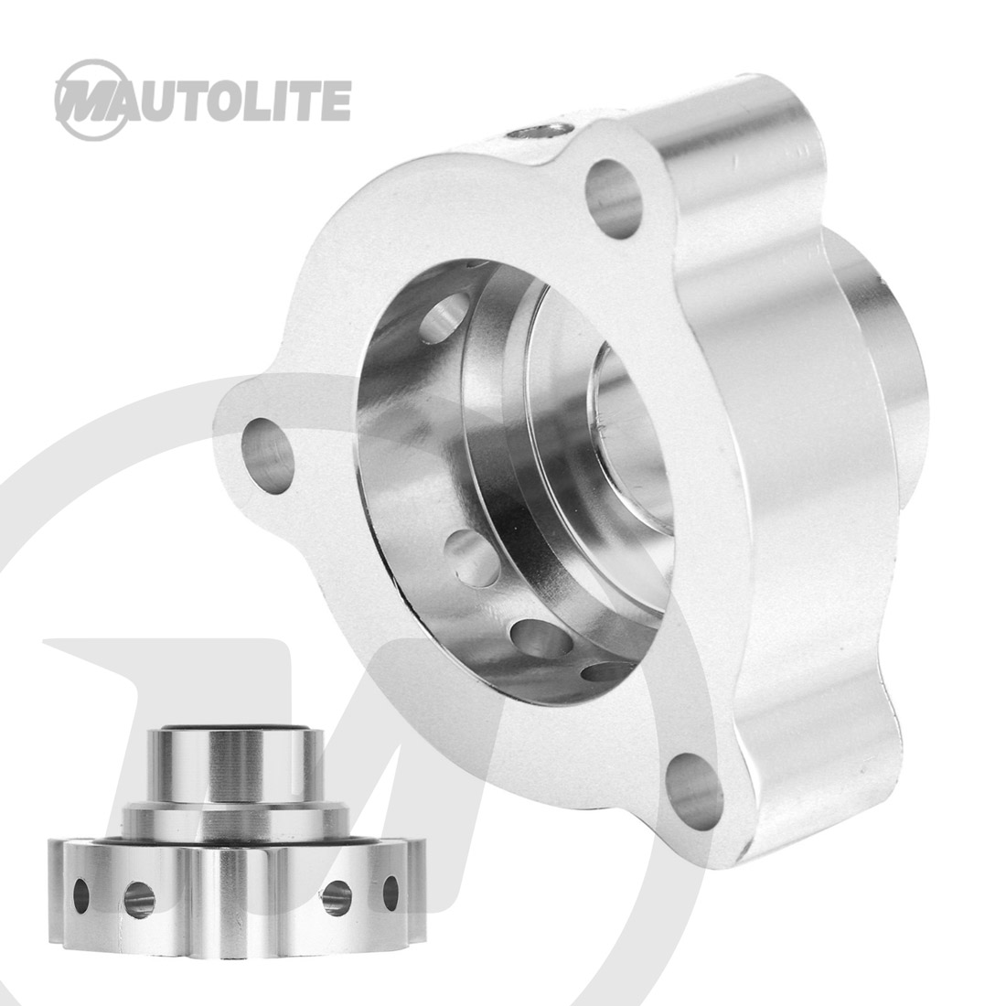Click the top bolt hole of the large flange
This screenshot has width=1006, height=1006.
click(x=614, y=198)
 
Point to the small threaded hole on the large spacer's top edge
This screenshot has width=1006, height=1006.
click(x=539, y=132)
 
